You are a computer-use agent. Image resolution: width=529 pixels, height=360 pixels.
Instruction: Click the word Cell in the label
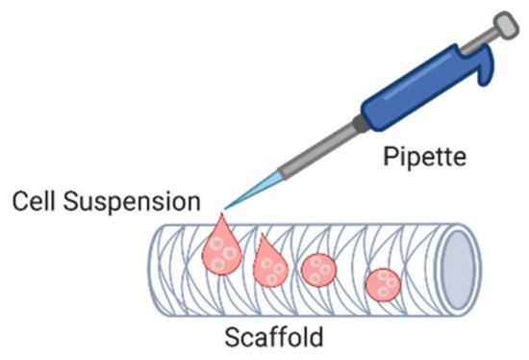[x=33, y=203]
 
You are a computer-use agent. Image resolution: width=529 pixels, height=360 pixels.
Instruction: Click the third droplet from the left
[x=316, y=270]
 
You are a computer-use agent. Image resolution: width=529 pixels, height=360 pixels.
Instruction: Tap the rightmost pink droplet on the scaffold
[x=385, y=285]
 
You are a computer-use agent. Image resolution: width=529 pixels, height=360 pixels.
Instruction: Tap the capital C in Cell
[x=17, y=203]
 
